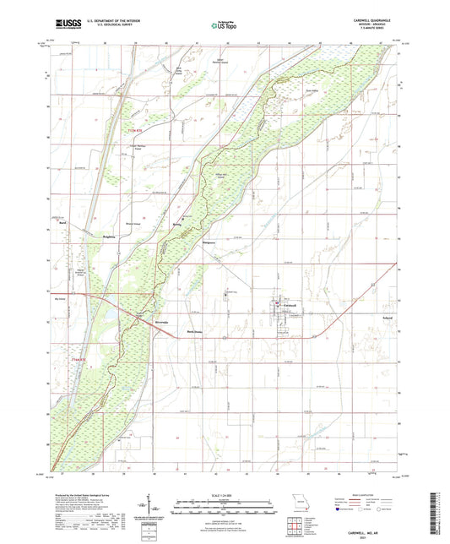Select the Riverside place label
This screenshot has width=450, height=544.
(x=163, y=323)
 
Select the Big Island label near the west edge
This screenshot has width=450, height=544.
(x=58, y=298)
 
